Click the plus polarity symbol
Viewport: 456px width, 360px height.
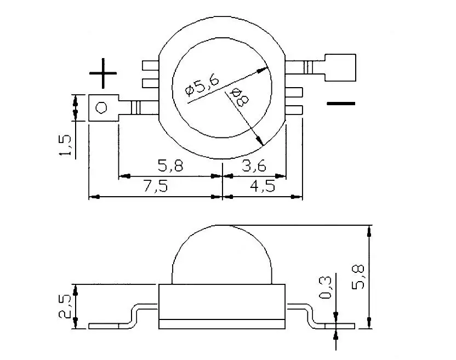(103, 73)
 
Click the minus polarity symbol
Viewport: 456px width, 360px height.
(341, 103)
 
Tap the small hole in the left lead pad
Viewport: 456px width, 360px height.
(101, 107)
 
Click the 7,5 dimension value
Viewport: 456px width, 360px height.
(156, 186)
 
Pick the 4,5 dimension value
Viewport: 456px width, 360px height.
(263, 186)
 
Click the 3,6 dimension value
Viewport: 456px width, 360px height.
(254, 166)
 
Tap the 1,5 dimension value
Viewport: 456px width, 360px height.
(65, 145)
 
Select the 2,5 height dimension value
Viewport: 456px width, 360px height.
(65, 306)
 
